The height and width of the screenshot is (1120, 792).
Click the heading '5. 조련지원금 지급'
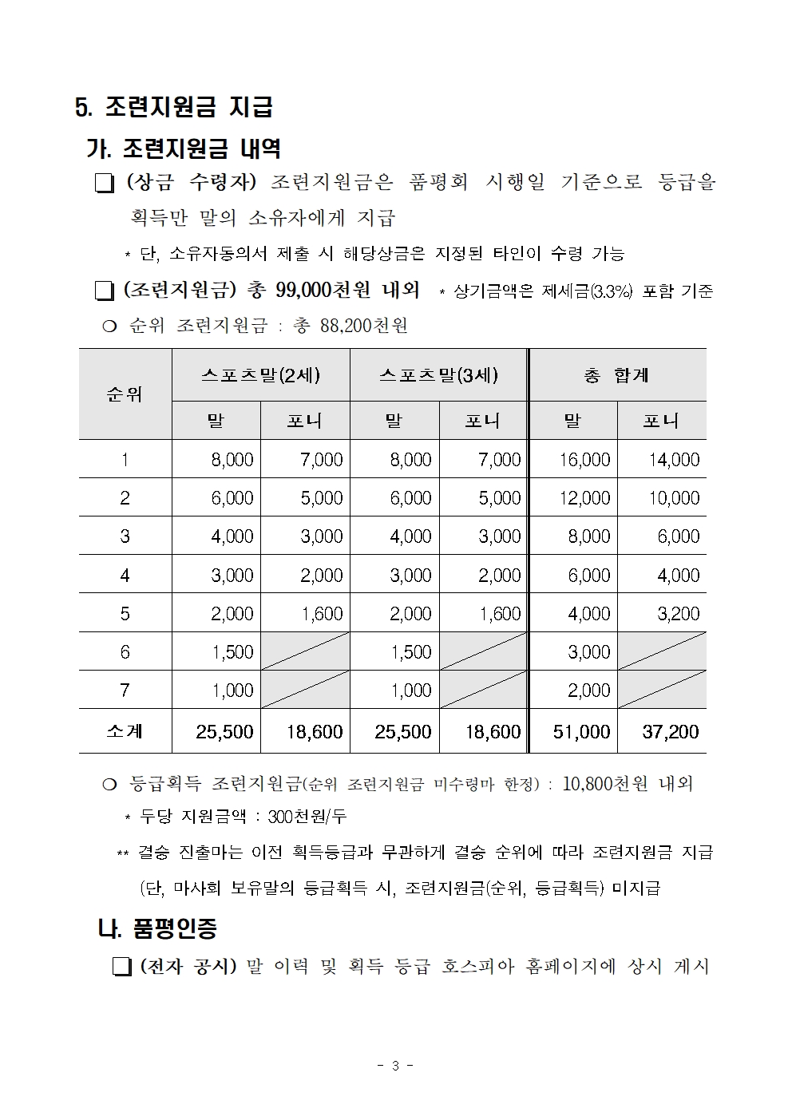click(174, 107)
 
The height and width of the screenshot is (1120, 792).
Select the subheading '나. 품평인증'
click(157, 928)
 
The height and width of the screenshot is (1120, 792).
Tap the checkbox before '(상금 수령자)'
click(104, 184)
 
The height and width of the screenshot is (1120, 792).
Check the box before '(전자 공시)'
click(121, 968)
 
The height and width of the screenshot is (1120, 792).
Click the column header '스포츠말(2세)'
click(260, 374)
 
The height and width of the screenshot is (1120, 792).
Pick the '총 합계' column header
click(616, 374)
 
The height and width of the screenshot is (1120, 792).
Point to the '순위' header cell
click(125, 394)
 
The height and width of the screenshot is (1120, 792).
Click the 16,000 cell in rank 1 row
click(584, 460)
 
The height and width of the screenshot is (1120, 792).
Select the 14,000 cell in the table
click(673, 460)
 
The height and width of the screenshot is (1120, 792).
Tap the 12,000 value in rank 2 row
click(584, 498)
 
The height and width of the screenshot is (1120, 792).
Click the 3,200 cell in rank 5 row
click(678, 614)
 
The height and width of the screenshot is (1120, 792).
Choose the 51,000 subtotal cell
click(581, 731)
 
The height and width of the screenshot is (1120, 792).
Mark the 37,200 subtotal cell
click(671, 731)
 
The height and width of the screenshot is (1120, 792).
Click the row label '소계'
click(125, 731)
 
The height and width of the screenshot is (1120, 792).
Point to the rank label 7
click(125, 691)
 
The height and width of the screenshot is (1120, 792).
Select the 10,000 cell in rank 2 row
click(673, 498)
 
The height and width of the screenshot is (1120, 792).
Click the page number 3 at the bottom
click(395, 1066)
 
